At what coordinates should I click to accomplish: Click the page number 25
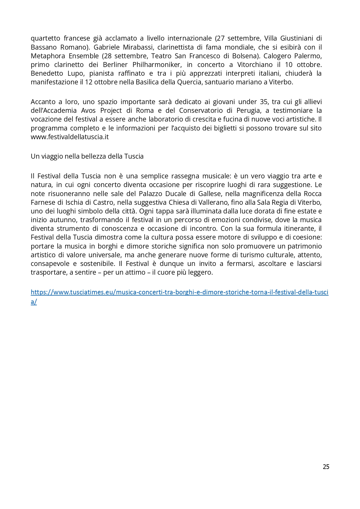[326, 467]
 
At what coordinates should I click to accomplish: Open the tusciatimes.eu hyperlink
[179, 292]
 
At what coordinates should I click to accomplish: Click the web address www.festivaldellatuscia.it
[70, 137]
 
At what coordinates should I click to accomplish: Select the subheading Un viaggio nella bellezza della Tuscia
[87, 156]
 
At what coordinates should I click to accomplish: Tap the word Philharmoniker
[156, 64]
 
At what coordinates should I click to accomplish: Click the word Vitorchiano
[255, 64]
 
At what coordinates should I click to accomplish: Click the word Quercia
[189, 82]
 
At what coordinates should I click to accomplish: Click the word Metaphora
[48, 56]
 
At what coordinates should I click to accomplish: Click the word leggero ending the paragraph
[200, 273]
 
